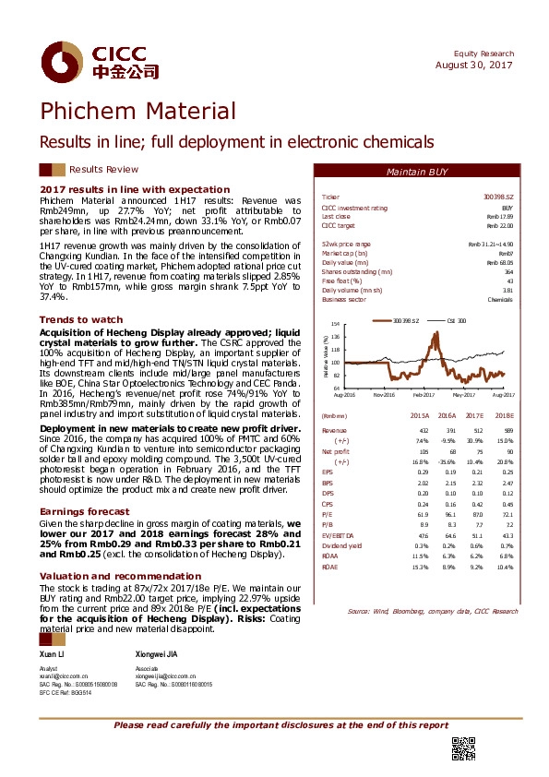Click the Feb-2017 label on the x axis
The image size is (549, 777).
pyautogui.click(x=424, y=395)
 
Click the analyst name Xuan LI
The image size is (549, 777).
pyautogui.click(x=54, y=652)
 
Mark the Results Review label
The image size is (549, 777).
pyautogui.click(x=103, y=169)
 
